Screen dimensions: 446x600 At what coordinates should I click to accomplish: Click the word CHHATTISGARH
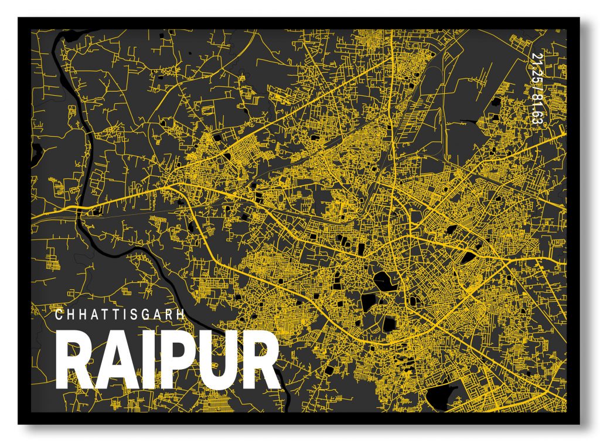[x=120, y=315]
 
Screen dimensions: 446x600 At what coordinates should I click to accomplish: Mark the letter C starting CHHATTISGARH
[x=59, y=315]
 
